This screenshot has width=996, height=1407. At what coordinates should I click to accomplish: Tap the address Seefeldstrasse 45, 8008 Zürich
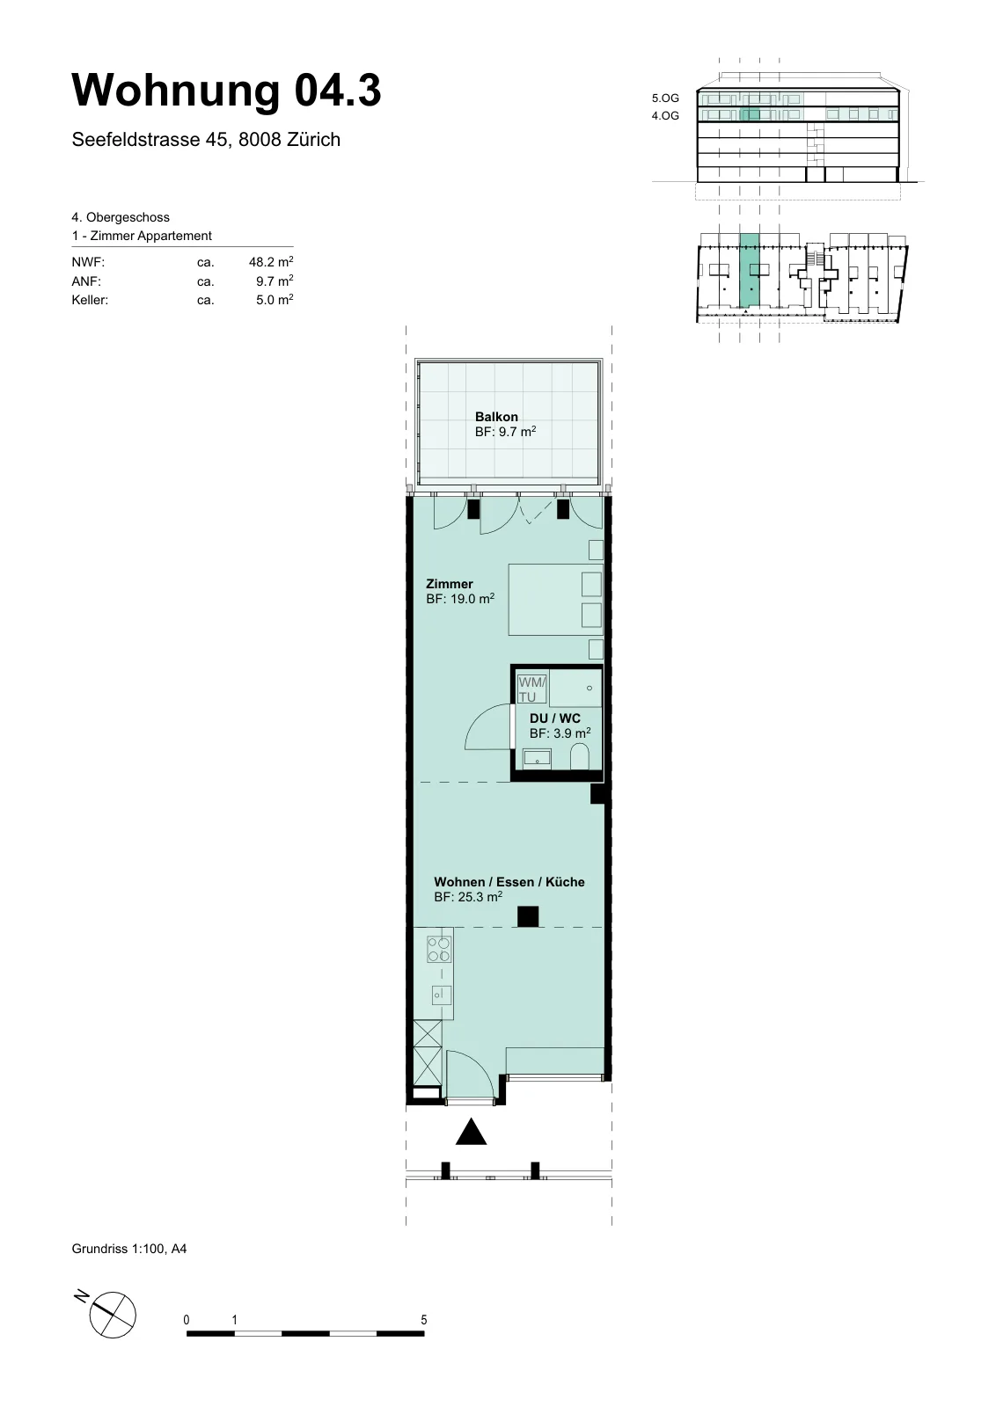click(x=206, y=140)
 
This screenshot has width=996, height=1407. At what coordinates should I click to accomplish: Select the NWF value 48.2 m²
click(x=271, y=262)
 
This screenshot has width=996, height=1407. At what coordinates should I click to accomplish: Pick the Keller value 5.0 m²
click(x=275, y=300)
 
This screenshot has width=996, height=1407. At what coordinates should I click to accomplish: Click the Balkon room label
click(x=496, y=417)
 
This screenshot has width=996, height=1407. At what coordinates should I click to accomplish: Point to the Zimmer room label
click(x=450, y=584)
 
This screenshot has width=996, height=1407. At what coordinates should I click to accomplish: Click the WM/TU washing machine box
click(x=531, y=689)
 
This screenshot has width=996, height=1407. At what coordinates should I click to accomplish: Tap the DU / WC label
click(x=555, y=718)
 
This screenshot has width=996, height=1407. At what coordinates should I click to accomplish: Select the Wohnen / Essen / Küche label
click(x=509, y=882)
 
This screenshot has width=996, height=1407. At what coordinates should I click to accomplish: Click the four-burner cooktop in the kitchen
click(x=439, y=949)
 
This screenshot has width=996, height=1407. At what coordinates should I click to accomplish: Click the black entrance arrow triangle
click(x=472, y=1131)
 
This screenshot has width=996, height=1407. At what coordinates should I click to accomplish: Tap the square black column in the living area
click(x=528, y=917)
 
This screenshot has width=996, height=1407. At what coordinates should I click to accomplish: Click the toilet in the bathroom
click(x=579, y=757)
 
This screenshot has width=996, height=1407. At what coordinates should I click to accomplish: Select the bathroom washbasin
click(x=537, y=758)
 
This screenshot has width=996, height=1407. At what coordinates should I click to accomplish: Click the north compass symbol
click(x=113, y=1316)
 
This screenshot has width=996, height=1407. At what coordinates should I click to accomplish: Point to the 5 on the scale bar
click(x=423, y=1320)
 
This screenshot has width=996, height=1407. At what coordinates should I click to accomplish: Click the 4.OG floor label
click(x=665, y=115)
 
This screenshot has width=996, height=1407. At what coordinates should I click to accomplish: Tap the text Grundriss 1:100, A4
click(x=128, y=1248)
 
